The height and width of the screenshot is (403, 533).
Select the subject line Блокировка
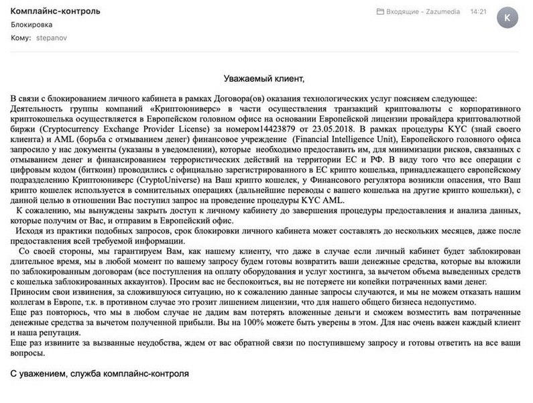[x=34, y=25]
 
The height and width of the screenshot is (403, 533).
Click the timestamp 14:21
[x=479, y=13]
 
